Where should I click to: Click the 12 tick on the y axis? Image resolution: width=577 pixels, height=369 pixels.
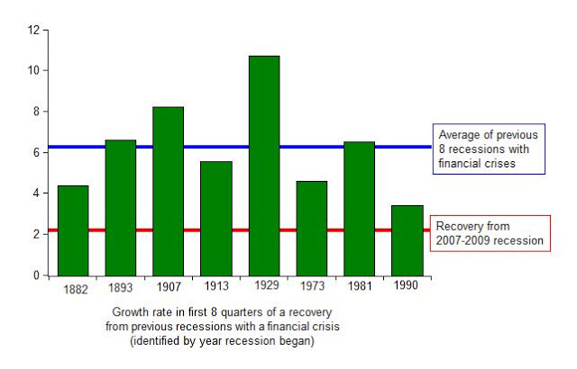[33, 30]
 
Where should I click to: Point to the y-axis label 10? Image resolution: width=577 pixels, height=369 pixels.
[33, 70]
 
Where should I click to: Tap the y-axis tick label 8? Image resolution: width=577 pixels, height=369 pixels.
[36, 112]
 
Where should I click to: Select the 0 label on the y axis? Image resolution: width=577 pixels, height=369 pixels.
[36, 274]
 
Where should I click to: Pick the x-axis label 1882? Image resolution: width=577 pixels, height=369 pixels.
[76, 289]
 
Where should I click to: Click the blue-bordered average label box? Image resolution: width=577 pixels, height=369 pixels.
[490, 148]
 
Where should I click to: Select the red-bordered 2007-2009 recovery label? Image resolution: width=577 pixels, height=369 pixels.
[490, 234]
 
